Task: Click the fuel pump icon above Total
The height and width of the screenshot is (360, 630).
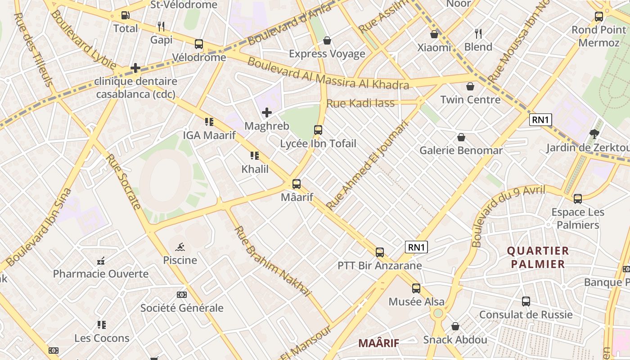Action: point(126,15)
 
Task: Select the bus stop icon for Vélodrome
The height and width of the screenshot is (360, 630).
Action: point(199,44)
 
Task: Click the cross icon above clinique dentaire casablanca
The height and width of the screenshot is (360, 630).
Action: point(135,68)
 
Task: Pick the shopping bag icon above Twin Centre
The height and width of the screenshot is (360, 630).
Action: point(470,86)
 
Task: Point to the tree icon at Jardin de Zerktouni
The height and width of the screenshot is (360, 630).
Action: point(594,134)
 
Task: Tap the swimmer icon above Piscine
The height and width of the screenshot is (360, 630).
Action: point(180,247)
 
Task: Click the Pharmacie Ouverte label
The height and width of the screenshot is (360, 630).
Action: point(101,274)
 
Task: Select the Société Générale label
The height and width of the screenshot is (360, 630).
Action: point(182,308)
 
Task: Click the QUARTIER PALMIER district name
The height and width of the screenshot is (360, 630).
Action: point(538,257)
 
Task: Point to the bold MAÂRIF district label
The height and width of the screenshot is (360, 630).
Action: point(378,343)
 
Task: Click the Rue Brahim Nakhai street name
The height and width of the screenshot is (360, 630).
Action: point(273,261)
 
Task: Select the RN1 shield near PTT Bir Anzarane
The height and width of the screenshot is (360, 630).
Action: point(416,247)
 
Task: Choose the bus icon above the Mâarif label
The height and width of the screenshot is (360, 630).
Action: point(296,184)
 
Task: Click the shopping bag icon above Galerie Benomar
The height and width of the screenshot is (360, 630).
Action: point(461,137)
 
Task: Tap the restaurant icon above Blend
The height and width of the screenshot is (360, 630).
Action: point(478,33)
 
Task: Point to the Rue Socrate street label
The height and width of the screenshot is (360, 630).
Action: point(123,182)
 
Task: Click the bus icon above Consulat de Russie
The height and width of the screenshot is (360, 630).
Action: point(526,301)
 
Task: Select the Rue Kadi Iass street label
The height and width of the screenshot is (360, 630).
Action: point(360,103)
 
